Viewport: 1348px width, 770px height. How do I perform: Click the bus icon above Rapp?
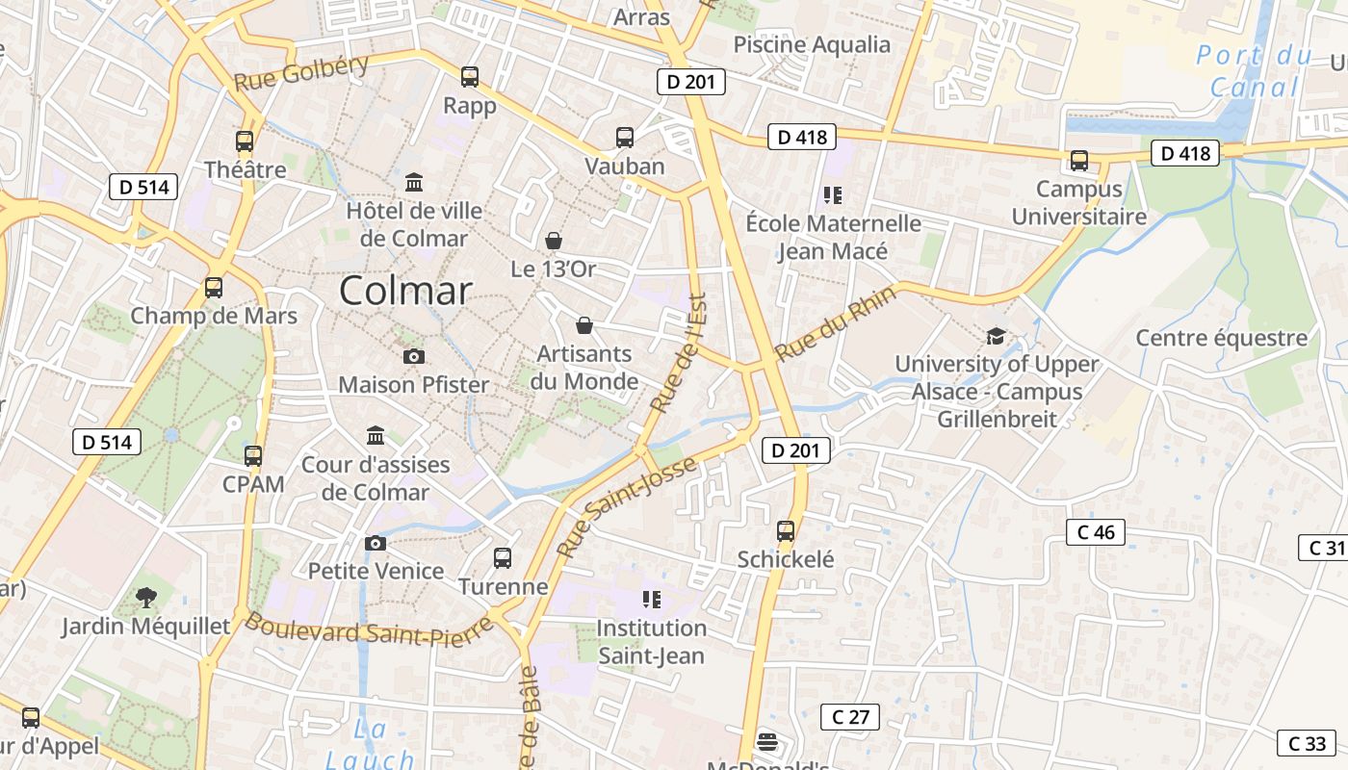click(x=470, y=77)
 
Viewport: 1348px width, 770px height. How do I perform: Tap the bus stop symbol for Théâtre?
click(x=245, y=141)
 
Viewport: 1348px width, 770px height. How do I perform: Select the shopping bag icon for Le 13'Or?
click(x=554, y=240)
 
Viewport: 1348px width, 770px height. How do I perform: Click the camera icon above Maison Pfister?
click(x=414, y=356)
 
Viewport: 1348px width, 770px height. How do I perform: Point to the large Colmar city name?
click(x=405, y=291)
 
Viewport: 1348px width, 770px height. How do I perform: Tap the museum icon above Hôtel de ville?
click(x=414, y=182)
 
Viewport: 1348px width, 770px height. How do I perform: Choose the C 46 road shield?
click(x=1096, y=532)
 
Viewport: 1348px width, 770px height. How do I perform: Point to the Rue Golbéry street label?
click(x=301, y=73)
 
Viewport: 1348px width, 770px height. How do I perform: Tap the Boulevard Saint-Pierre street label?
click(x=369, y=631)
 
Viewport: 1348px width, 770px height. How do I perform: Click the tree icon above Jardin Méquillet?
click(x=146, y=598)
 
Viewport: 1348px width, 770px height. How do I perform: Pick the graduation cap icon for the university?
click(x=996, y=336)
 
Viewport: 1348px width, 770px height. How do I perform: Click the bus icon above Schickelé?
click(x=786, y=530)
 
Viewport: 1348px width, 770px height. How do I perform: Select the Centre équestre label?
click(x=1222, y=338)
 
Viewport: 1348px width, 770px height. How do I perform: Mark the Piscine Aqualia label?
click(x=812, y=44)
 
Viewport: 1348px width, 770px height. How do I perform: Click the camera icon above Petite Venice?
click(x=376, y=543)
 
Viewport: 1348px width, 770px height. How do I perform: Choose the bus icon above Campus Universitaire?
click(x=1079, y=161)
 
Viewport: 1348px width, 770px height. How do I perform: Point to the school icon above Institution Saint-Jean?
click(x=652, y=600)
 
